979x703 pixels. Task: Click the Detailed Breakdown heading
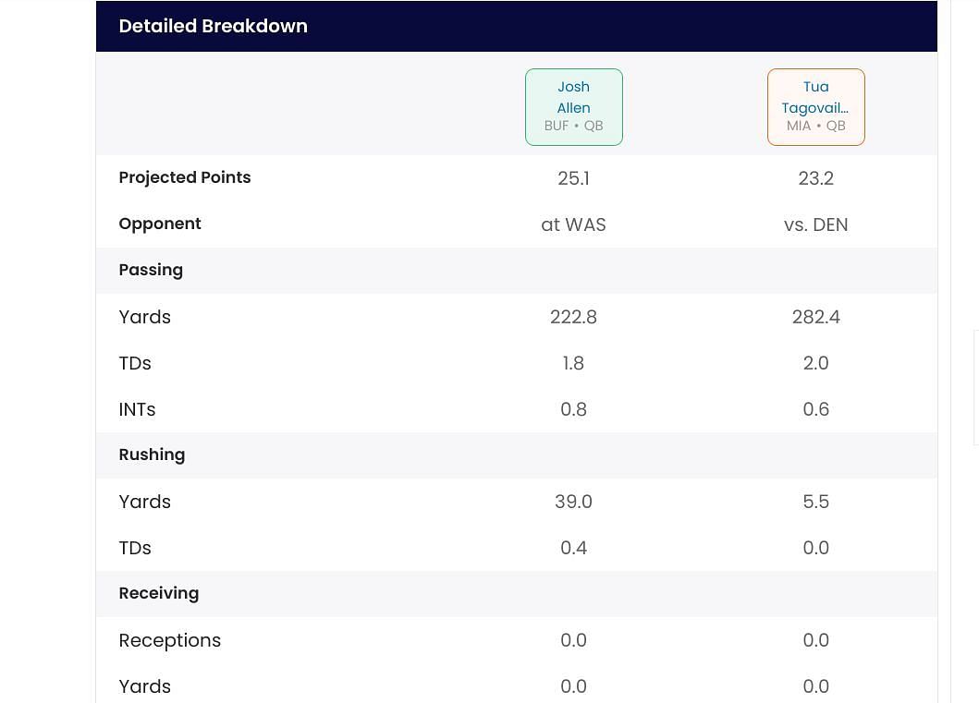[x=213, y=26]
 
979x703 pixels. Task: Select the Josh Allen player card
[x=573, y=106]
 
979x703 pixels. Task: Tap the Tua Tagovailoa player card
[x=815, y=106]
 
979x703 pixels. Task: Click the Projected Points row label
[x=184, y=177]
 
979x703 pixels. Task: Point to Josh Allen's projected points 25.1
[x=573, y=178]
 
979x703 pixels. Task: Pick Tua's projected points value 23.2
[x=815, y=178]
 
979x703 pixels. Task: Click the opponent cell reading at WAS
[x=573, y=224]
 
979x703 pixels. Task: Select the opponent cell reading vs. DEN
[x=815, y=224]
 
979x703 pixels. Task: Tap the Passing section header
[x=151, y=270]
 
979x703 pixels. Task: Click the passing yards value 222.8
[x=573, y=317]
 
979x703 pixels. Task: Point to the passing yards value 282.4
[x=815, y=317]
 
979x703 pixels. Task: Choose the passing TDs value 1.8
[x=573, y=363]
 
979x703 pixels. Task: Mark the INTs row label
[x=137, y=409]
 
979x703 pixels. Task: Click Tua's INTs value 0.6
[x=815, y=409]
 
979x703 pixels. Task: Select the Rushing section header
[x=152, y=455]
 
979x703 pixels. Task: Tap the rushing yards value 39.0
[x=573, y=502]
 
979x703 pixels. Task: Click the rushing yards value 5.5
[x=815, y=502]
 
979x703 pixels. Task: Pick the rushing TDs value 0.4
[x=573, y=548]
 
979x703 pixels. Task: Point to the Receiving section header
[x=158, y=593]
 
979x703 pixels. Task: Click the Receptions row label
[x=169, y=640]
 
